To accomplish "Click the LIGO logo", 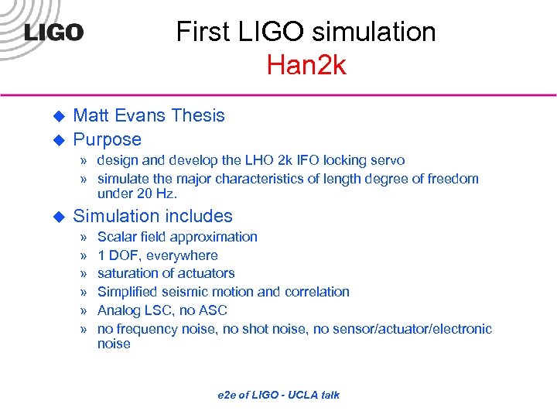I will click(x=53, y=33).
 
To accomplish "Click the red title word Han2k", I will click(x=306, y=65).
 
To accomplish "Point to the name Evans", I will click(x=139, y=115).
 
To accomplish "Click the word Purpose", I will click(x=107, y=139).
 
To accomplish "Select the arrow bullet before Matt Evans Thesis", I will click(x=56, y=116).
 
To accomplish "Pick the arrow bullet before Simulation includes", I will click(x=56, y=217).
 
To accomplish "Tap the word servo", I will click(x=387, y=160).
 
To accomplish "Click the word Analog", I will click(x=118, y=310).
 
